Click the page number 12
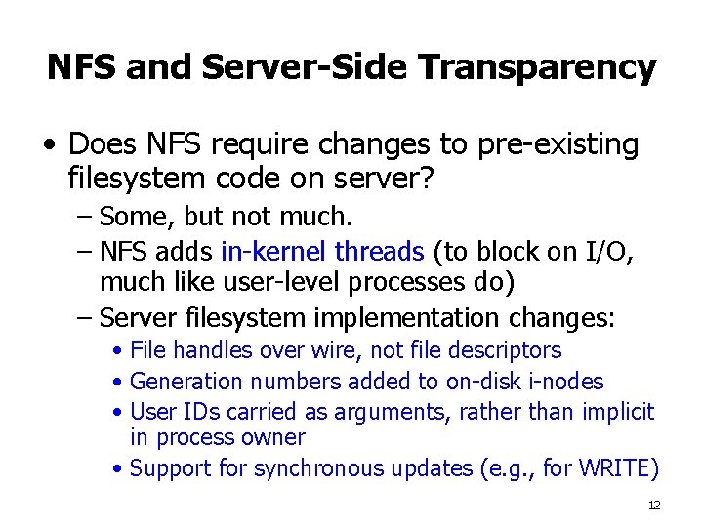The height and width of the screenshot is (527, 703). click(654, 505)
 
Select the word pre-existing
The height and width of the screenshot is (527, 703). click(558, 145)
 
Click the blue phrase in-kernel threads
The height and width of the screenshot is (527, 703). click(322, 252)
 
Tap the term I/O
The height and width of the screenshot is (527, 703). click(610, 252)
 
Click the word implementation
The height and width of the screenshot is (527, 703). click(409, 318)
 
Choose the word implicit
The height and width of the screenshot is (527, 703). click(618, 412)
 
